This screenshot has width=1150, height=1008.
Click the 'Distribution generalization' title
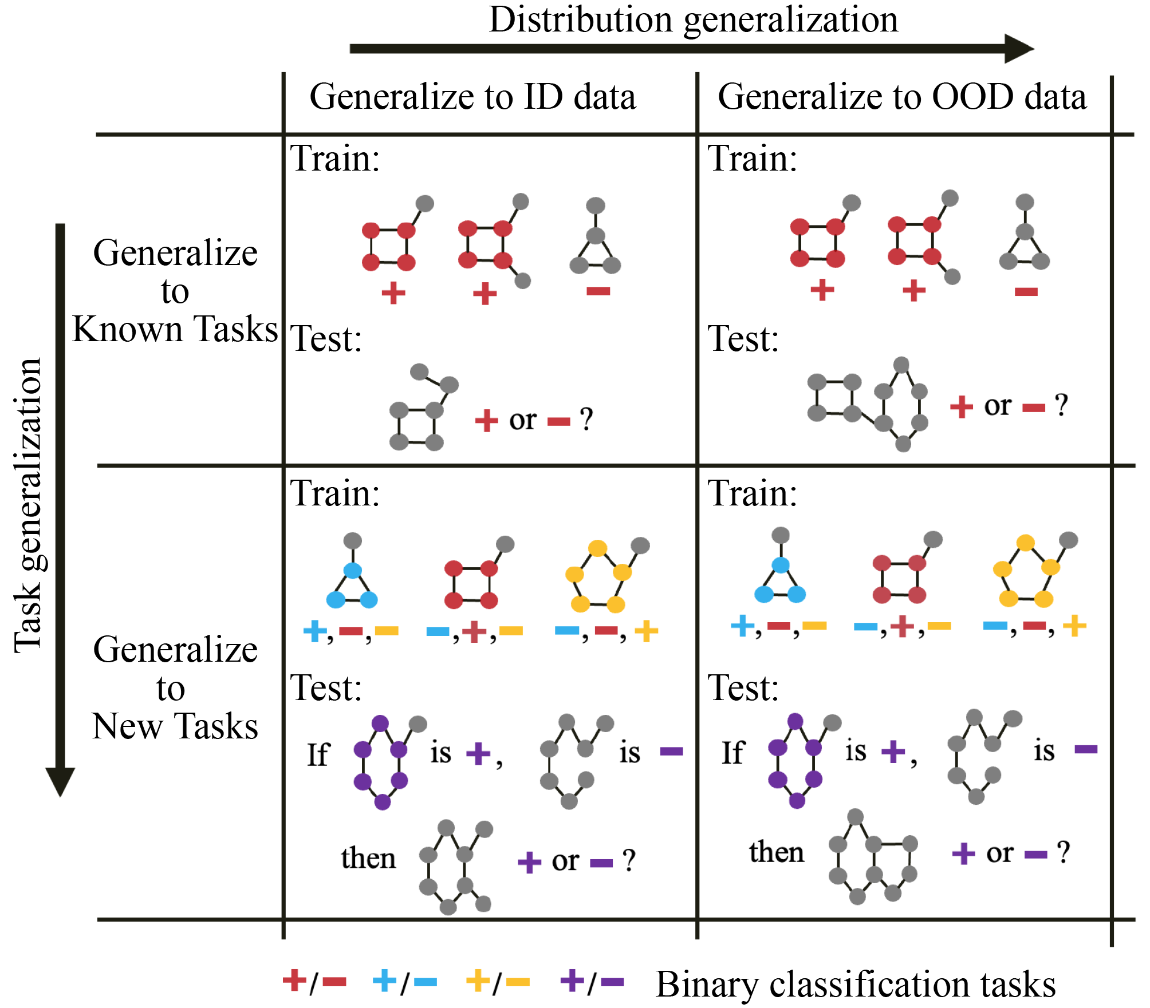pos(694,21)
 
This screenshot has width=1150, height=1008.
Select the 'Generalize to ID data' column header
pos(472,97)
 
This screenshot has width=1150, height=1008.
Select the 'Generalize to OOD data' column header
pos(902,97)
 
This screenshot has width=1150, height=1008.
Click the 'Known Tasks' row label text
pos(175,330)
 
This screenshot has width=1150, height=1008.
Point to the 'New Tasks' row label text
pos(175,727)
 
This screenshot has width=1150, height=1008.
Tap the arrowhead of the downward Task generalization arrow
pos(60,781)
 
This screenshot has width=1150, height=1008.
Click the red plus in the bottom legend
pos(295,980)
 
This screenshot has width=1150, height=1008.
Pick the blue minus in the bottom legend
pos(425,982)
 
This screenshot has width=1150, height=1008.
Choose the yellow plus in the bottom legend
pos(478,980)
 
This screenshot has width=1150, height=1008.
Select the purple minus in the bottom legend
pos(612,982)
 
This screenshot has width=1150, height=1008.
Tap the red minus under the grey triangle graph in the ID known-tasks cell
pos(598,292)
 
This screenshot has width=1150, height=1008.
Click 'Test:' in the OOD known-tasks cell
pos(743,339)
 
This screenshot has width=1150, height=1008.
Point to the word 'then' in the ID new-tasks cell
pos(368,859)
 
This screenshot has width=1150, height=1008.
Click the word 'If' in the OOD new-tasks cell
pos(733,753)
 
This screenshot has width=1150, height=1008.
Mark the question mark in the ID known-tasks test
pos(586,420)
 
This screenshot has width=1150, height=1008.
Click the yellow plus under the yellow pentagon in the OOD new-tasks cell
pos(1074,626)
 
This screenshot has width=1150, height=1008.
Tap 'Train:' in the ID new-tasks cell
pos(335,493)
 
